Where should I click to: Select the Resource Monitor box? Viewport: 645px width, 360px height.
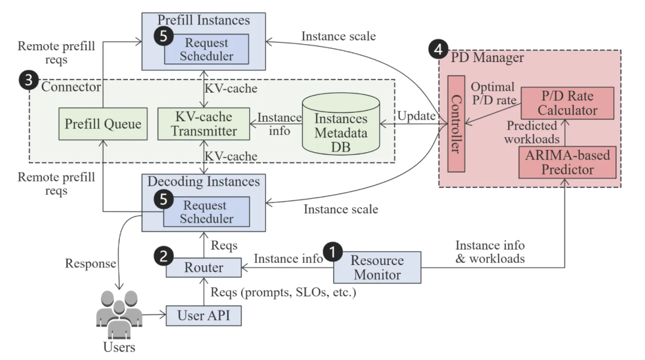point(377,267)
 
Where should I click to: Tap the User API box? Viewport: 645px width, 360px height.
point(204,314)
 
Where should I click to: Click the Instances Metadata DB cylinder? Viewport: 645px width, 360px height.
point(341,125)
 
